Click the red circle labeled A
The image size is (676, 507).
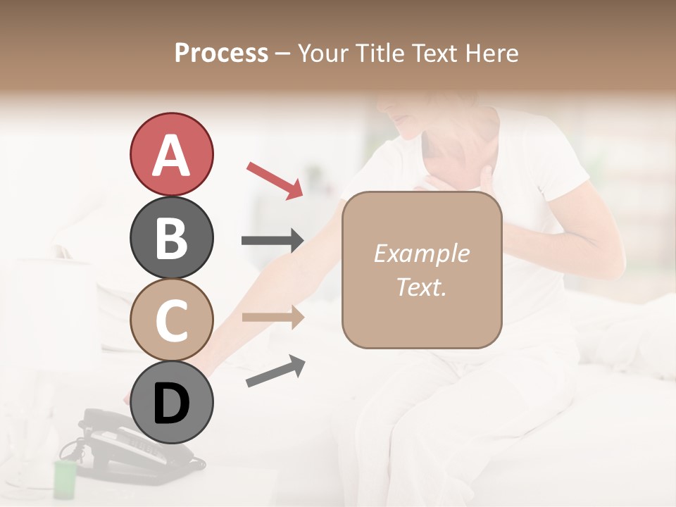[x=171, y=154]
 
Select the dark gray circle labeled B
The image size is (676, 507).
[x=171, y=237]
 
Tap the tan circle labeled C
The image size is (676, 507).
[x=171, y=320]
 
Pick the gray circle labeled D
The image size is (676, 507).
[x=171, y=403]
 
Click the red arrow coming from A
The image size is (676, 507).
[x=275, y=180]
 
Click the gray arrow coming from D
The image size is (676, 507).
[x=275, y=371]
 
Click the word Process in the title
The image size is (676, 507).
[x=221, y=53]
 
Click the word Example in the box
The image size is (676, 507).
[x=421, y=254]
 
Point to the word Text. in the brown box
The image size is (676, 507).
[x=421, y=287]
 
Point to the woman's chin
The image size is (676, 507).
[x=403, y=130]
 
